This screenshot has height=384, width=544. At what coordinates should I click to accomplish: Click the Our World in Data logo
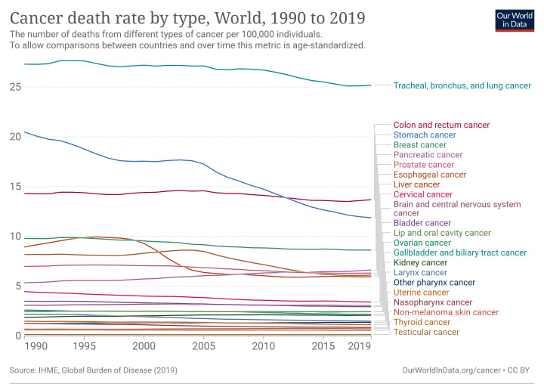[x=515, y=20]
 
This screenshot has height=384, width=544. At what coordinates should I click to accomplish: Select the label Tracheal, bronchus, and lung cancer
[x=462, y=86]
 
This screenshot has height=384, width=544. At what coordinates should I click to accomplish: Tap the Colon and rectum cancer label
[x=441, y=125]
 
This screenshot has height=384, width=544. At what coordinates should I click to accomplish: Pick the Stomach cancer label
[x=425, y=135]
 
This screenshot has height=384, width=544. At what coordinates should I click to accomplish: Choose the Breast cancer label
[x=420, y=145]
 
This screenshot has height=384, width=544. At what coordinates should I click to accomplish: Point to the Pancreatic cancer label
[x=428, y=155]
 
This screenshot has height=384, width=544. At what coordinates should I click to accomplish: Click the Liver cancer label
[x=416, y=184]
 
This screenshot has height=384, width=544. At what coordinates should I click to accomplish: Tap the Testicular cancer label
[x=426, y=332]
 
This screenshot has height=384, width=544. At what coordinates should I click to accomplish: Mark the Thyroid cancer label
[x=422, y=322]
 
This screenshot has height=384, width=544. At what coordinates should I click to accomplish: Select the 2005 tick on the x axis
[x=203, y=346]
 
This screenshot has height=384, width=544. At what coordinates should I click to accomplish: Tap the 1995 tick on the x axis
[x=84, y=346]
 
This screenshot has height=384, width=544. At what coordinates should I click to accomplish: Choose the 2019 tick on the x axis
[x=359, y=346]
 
